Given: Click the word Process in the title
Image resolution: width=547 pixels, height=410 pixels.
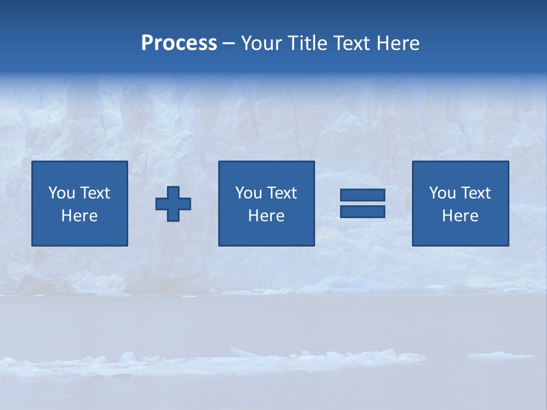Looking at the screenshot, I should (179, 43).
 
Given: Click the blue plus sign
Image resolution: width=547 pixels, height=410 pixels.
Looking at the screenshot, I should (173, 204).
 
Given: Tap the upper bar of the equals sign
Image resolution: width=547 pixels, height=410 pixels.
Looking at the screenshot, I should (362, 195).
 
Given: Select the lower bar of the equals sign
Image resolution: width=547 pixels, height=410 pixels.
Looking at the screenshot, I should (362, 211).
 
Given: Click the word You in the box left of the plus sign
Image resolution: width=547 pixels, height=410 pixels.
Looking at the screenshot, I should (62, 193).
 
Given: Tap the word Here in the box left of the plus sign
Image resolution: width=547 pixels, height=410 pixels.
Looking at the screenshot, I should (80, 216).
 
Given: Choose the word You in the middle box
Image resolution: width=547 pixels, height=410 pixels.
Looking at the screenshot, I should (248, 193).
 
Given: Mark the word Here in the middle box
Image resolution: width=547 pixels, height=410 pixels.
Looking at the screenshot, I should (267, 216).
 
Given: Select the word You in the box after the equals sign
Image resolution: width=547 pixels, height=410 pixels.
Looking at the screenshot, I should (442, 193).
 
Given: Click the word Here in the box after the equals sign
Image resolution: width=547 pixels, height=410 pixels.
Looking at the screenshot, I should (460, 216).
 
